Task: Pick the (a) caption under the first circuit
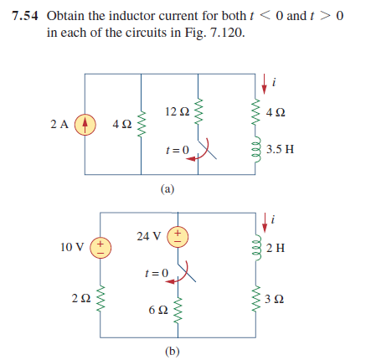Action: (167, 189)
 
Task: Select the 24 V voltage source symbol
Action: (179, 236)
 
